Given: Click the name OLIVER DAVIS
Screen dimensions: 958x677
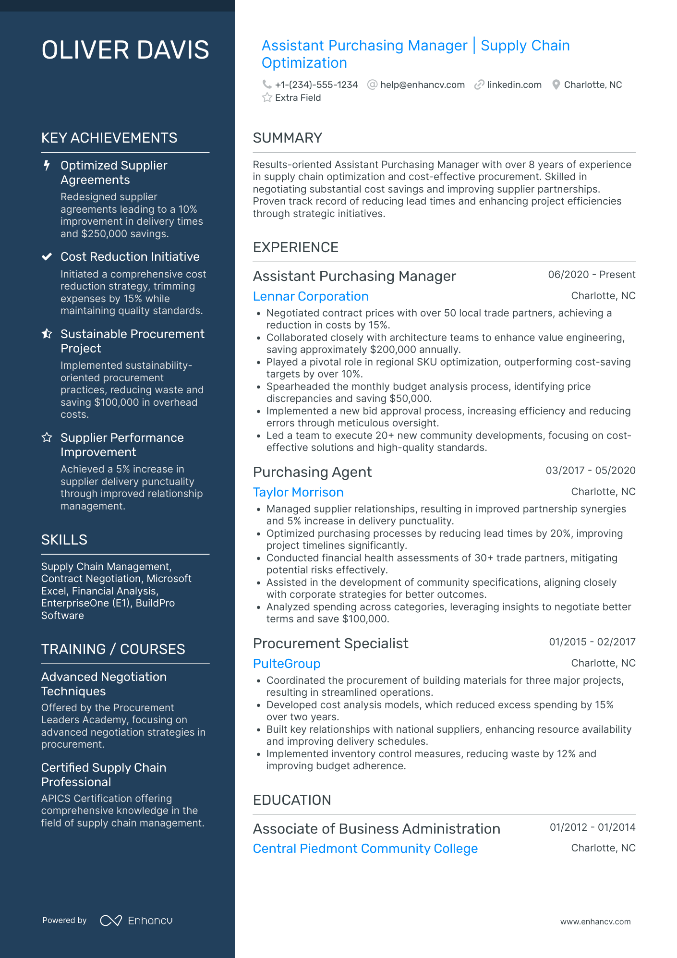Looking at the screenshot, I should click(125, 50).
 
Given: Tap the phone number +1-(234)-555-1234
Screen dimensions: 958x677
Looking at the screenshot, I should click(316, 85).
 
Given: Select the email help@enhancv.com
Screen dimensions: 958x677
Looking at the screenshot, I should click(422, 85).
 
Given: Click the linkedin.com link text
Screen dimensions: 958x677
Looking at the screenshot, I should click(514, 85).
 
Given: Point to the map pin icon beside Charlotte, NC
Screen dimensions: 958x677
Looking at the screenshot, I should click(556, 85).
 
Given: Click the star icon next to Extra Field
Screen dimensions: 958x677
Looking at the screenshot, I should click(267, 98).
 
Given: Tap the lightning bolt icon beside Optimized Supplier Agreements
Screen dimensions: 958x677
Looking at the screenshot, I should click(47, 166).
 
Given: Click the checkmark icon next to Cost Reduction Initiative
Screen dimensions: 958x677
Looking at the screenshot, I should click(47, 257).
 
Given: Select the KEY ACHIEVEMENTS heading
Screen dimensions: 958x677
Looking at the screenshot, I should click(109, 138).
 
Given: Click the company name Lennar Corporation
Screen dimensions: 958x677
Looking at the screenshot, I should click(311, 296).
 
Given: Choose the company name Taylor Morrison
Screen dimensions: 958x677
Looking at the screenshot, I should click(298, 492).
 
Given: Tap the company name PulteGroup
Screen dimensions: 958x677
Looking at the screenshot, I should click(287, 664).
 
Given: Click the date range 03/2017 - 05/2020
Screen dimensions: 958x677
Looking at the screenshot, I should click(590, 471).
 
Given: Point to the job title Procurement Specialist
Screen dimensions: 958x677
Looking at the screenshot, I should click(330, 643).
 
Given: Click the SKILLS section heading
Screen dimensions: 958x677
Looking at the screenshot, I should click(64, 540).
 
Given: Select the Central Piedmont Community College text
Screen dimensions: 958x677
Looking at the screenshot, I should click(365, 849).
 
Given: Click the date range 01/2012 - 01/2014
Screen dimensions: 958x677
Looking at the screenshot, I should click(592, 827).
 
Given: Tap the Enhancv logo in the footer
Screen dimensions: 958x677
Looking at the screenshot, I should click(136, 921).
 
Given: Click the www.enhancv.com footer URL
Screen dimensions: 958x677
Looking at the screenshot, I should click(595, 922).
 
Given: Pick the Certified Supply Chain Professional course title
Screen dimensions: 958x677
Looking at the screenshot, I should click(104, 775).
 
